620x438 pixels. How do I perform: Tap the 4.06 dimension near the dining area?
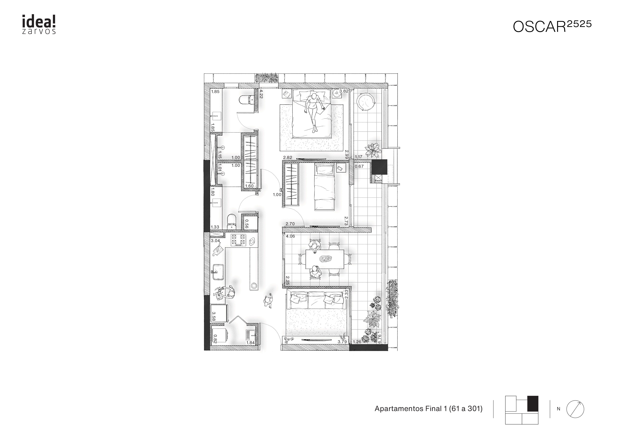290,236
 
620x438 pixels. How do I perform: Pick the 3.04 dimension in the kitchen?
215,241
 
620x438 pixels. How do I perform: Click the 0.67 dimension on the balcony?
359,166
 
